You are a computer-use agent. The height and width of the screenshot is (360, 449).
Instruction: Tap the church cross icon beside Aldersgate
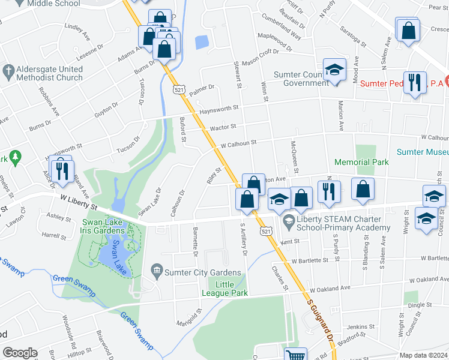coord(8,70)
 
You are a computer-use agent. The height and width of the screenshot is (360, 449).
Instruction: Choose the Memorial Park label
coord(361,162)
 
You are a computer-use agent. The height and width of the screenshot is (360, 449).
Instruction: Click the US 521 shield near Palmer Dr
coord(179,89)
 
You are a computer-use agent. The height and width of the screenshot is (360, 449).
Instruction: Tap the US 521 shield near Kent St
coord(265,230)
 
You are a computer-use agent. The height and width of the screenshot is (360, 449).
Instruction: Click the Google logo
coord(20,353)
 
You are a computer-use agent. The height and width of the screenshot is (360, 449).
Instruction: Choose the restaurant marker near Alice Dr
coord(61,170)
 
